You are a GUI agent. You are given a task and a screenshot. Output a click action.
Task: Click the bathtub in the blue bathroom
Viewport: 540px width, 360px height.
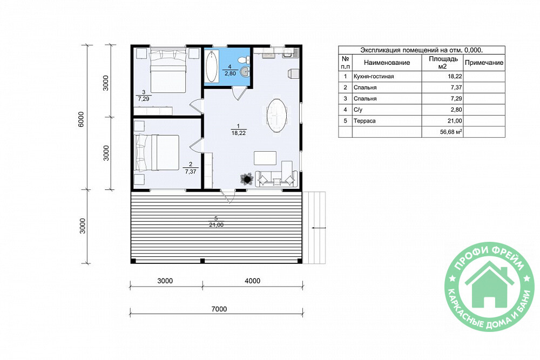click(x=212, y=66)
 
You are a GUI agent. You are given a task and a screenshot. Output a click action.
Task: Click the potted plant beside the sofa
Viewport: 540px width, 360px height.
click(x=247, y=179)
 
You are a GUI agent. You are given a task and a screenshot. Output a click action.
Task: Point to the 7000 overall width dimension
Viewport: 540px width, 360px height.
click(x=219, y=309)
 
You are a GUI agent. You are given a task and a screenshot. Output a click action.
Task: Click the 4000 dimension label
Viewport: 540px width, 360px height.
click(x=252, y=281)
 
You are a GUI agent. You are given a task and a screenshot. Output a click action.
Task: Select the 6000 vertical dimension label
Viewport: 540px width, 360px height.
click(x=82, y=119)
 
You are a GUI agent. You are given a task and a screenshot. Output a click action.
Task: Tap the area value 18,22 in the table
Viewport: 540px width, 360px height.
click(x=455, y=77)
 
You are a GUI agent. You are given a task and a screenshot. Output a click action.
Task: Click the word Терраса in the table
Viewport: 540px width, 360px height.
click(x=364, y=121)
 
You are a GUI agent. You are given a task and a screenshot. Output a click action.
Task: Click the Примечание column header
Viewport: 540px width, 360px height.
click(x=484, y=63)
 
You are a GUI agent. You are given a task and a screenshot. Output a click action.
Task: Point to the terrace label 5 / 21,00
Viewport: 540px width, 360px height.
click(x=216, y=222)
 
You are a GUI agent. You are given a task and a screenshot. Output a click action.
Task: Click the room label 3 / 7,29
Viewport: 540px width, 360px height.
click(x=144, y=96)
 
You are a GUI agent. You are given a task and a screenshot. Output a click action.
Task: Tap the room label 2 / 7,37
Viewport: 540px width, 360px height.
click(x=191, y=168)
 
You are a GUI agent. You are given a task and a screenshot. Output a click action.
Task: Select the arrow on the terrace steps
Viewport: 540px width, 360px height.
click(x=319, y=228)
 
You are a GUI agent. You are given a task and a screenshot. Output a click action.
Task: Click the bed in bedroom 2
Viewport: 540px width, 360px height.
click(x=157, y=152)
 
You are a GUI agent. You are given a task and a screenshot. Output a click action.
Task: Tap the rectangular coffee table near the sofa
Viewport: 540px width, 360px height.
click(x=265, y=158)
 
